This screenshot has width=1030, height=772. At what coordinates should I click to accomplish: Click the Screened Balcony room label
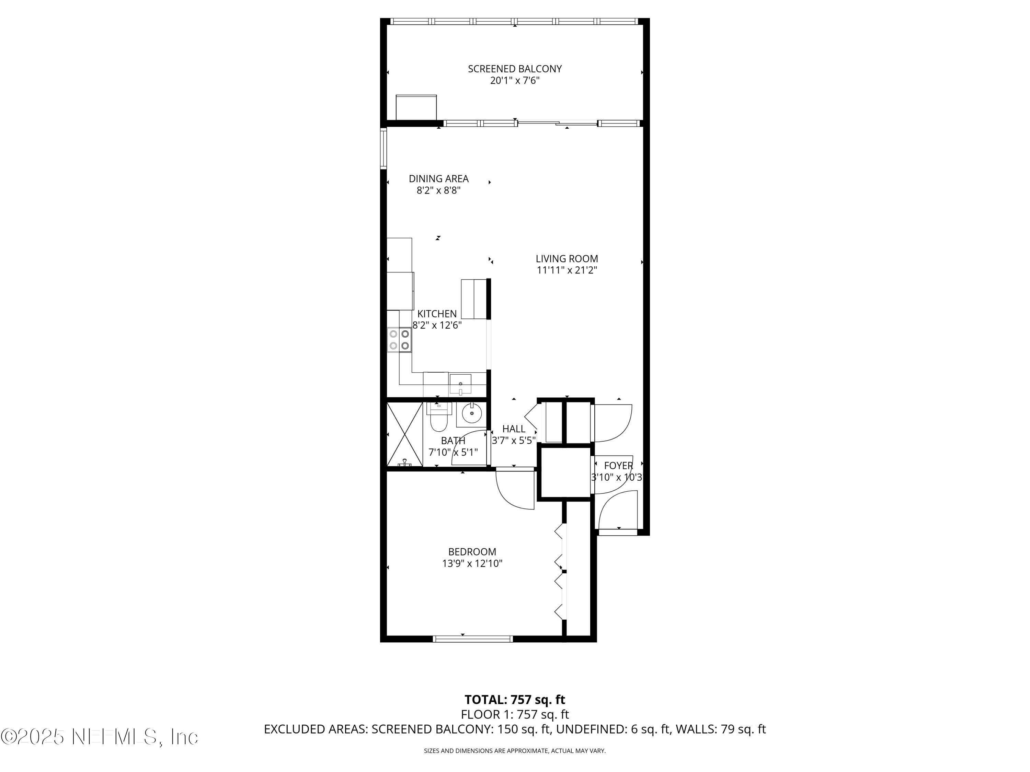[x=515, y=69]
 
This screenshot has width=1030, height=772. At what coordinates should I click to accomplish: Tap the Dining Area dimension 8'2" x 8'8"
[x=438, y=190]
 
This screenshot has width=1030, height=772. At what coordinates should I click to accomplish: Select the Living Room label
[x=567, y=259]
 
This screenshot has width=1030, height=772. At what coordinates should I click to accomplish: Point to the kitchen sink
[x=460, y=384]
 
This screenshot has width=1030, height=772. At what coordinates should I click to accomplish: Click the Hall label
[x=514, y=429]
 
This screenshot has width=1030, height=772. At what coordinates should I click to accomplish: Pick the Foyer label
[x=618, y=465]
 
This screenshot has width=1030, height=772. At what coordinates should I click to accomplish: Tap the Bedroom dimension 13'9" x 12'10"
[x=472, y=563]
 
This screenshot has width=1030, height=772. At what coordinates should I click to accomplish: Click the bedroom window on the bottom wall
[x=473, y=639]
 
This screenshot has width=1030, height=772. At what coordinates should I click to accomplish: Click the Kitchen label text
[x=437, y=314]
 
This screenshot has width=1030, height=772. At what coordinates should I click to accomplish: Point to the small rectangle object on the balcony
[x=416, y=107]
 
